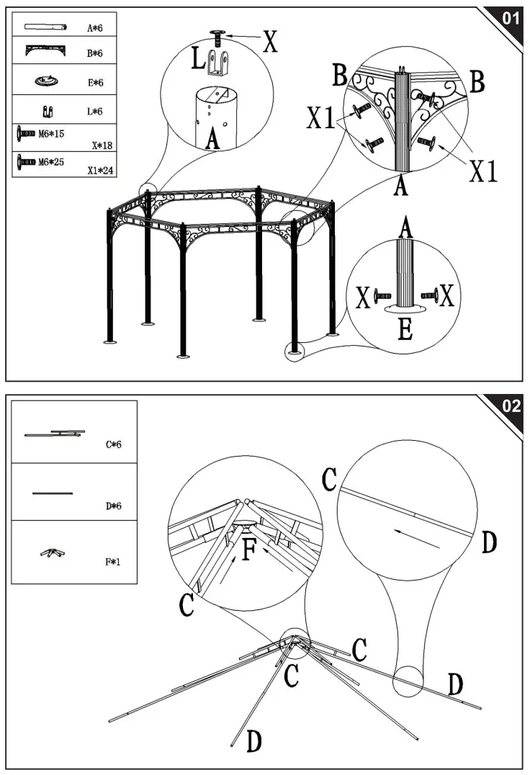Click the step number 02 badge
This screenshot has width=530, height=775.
(x=510, y=406)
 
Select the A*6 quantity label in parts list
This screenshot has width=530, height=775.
(x=95, y=29)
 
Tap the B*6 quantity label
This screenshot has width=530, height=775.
(x=95, y=55)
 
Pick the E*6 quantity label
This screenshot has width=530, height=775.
(x=95, y=84)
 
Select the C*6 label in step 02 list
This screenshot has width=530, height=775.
(x=113, y=444)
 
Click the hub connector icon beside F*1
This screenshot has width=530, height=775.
(x=50, y=553)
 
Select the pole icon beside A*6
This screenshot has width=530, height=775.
(x=45, y=27)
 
